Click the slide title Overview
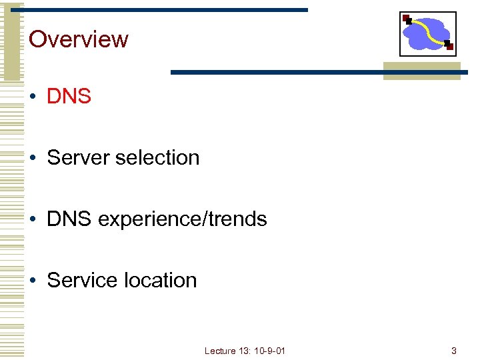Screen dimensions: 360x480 pyautogui.click(x=79, y=39)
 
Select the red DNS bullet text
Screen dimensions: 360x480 pyautogui.click(x=69, y=97)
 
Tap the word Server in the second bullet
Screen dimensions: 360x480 pyautogui.click(x=79, y=158)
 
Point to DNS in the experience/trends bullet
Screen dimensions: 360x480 pyautogui.click(x=69, y=219)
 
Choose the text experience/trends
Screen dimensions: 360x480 pyautogui.click(x=182, y=220)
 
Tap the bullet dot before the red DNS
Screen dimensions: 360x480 pyautogui.click(x=32, y=97)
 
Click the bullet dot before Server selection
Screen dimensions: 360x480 pyautogui.click(x=32, y=159)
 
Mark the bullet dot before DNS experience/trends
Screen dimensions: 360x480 pyautogui.click(x=32, y=220)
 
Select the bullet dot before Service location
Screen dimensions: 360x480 pyautogui.click(x=32, y=281)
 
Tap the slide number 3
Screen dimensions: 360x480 pyautogui.click(x=453, y=351)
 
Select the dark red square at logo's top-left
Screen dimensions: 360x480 pyautogui.click(x=406, y=17)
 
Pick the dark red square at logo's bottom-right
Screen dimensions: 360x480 pyautogui.click(x=450, y=47)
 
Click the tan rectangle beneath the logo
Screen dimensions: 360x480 pyautogui.click(x=421, y=72)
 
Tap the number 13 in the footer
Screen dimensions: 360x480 pyautogui.click(x=245, y=351)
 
